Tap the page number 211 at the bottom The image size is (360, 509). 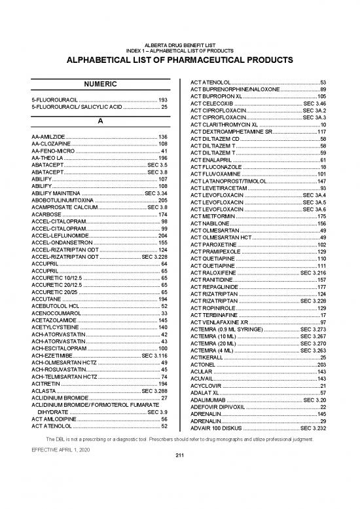179,492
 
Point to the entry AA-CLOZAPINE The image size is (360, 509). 50,143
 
